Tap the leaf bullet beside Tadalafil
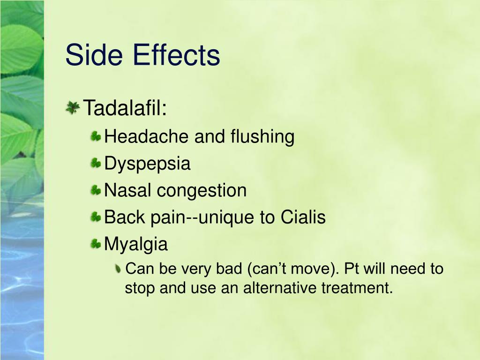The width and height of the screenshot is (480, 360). point(73,108)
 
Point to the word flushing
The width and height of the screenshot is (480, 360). point(262,136)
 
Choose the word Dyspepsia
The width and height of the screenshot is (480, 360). point(147,163)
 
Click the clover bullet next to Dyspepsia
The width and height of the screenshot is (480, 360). point(96,163)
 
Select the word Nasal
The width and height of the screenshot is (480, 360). point(127,190)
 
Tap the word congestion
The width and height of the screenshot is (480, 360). point(202,190)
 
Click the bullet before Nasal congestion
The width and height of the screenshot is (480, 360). point(96,190)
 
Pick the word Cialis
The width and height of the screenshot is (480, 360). point(303,217)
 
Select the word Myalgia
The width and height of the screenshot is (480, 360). point(136,244)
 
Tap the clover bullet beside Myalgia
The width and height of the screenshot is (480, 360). point(96,244)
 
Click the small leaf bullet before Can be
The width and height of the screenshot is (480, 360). point(118,269)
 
